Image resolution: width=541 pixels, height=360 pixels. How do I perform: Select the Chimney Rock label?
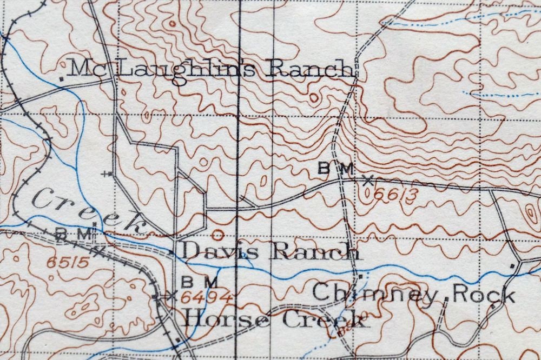pos(413,294)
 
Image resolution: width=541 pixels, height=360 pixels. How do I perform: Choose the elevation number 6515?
pos(68,263)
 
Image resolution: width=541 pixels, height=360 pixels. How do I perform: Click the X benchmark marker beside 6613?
pos(368,181)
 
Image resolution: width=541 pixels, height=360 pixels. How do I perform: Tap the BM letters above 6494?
pos(199,282)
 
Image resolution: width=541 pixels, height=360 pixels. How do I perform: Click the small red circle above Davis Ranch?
pos(217,235)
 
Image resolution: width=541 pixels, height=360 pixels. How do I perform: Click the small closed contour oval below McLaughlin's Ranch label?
pos(314,97)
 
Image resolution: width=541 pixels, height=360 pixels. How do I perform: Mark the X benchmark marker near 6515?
pos(98,250)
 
